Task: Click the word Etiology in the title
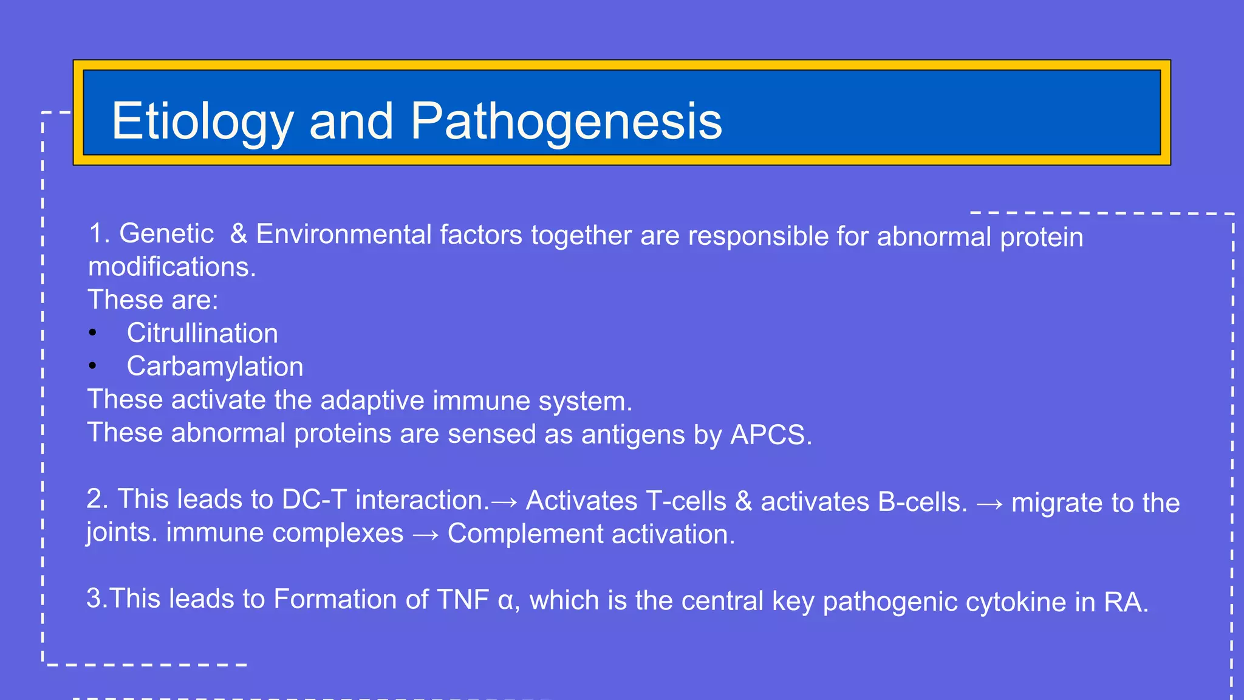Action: (x=202, y=122)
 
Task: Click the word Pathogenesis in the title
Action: (x=566, y=122)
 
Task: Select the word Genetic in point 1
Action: (x=166, y=234)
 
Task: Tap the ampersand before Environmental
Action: (x=239, y=234)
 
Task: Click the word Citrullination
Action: (x=202, y=334)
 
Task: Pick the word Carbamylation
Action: (x=215, y=366)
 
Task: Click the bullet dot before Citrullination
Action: (x=92, y=332)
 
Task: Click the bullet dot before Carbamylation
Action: (x=92, y=366)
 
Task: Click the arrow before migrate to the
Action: (x=989, y=504)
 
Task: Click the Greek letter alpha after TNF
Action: (x=505, y=602)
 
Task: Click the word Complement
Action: (x=525, y=534)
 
